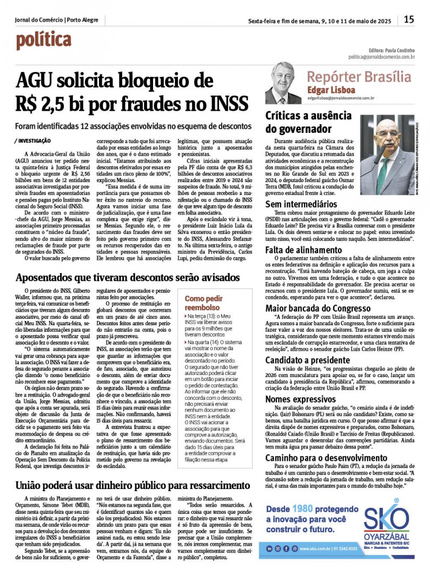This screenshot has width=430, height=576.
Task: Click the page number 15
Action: click(x=409, y=20)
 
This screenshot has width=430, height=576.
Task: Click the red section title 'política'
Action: click(x=43, y=40)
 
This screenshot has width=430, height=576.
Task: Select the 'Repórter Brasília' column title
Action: click(x=359, y=76)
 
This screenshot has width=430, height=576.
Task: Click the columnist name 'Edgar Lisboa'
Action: click(x=331, y=89)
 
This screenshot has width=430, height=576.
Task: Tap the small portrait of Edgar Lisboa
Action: click(x=283, y=83)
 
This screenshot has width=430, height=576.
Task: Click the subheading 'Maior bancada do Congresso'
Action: click(x=319, y=308)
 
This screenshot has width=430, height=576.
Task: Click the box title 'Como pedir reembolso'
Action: click(x=203, y=303)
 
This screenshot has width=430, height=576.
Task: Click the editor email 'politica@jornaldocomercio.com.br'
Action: click(x=381, y=57)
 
